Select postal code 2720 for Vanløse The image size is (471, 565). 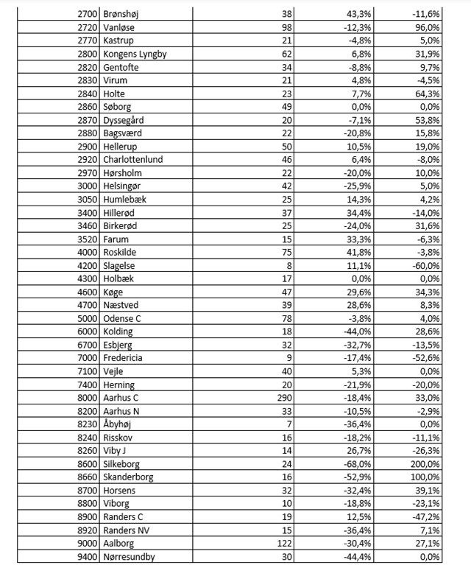[88, 27]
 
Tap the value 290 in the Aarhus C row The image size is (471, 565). [283, 399]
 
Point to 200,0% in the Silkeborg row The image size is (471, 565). [426, 464]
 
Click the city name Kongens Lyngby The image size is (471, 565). [135, 54]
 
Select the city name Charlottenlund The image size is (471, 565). [133, 160]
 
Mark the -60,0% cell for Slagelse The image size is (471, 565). [427, 266]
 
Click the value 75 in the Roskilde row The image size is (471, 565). [286, 253]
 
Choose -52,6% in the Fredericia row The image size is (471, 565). [427, 359]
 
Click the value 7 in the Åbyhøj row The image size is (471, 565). [289, 425]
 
